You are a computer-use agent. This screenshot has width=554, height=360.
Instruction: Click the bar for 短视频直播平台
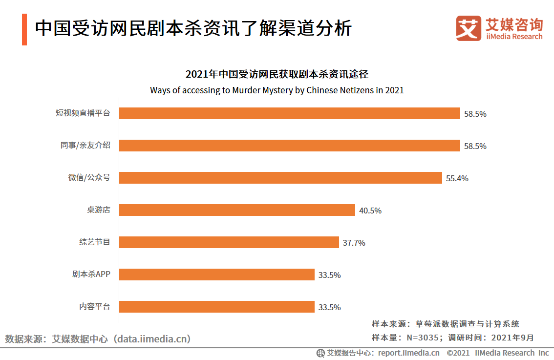289,113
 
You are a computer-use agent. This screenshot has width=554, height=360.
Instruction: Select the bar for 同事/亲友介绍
289,146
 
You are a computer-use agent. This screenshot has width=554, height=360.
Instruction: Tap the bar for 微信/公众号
280,178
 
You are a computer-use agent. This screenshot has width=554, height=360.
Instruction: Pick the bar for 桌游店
237,210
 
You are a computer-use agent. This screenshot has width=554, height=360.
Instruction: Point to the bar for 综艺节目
229,242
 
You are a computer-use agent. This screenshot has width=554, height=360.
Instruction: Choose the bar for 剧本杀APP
216,275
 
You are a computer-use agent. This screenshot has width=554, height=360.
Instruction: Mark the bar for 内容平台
216,307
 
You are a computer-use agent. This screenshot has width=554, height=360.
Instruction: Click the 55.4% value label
457,178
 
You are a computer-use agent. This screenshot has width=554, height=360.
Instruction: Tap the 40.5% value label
370,211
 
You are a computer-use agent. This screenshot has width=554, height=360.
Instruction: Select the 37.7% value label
354,243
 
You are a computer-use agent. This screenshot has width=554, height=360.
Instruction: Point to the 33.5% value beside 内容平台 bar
329,307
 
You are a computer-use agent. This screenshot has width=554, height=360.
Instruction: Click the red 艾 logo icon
469,28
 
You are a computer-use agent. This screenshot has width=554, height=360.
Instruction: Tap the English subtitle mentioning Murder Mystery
277,90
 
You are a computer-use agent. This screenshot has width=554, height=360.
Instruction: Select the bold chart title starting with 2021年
277,74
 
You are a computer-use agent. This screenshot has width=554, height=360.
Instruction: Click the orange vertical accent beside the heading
24,29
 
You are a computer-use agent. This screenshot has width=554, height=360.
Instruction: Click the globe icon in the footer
320,353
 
